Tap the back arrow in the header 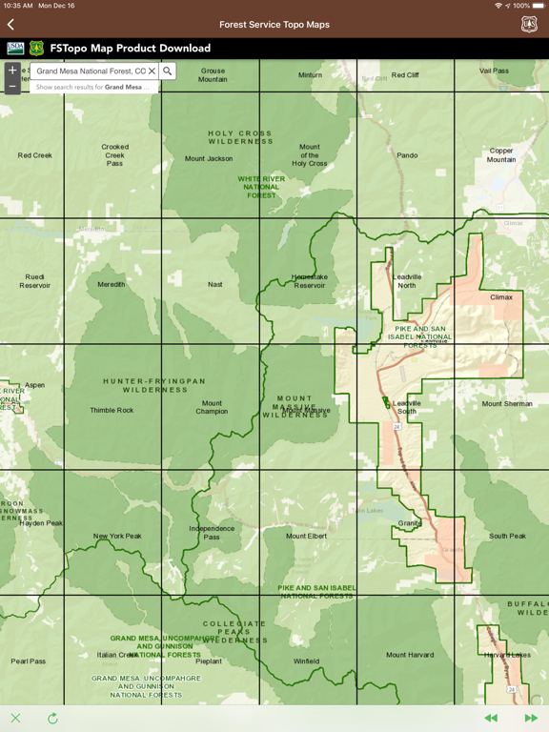10,25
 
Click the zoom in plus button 12,71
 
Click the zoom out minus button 12,86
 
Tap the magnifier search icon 168,71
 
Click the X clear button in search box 152,71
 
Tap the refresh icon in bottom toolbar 52,718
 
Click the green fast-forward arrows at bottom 531,718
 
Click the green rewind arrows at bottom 491,718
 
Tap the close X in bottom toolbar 15,718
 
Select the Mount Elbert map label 306,536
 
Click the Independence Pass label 212,532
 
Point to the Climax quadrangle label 501,297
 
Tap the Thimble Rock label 112,411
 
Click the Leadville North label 407,281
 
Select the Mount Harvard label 410,655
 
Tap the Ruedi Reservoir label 35,281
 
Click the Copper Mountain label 501,155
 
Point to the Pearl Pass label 29,661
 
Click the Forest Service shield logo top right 529,25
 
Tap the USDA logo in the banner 15,48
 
